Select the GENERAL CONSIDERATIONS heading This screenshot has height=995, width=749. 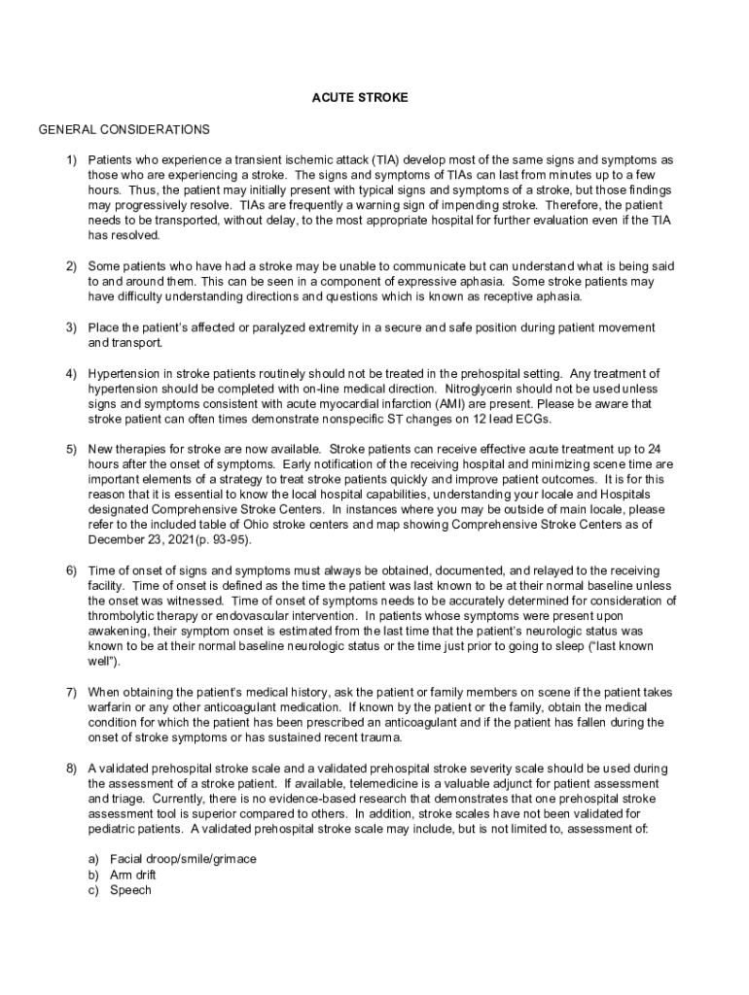pyautogui.click(x=124, y=129)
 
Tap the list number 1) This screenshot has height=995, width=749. pyautogui.click(x=72, y=159)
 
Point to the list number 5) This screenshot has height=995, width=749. pyautogui.click(x=72, y=449)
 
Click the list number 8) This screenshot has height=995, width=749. pyautogui.click(x=72, y=769)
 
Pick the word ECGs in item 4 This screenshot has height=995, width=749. pyautogui.click(x=504, y=419)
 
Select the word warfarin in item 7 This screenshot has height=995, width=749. pyautogui.click(x=112, y=707)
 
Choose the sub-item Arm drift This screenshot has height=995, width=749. pyautogui.click(x=133, y=875)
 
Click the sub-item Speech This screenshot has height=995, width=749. pyautogui.click(x=130, y=889)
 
